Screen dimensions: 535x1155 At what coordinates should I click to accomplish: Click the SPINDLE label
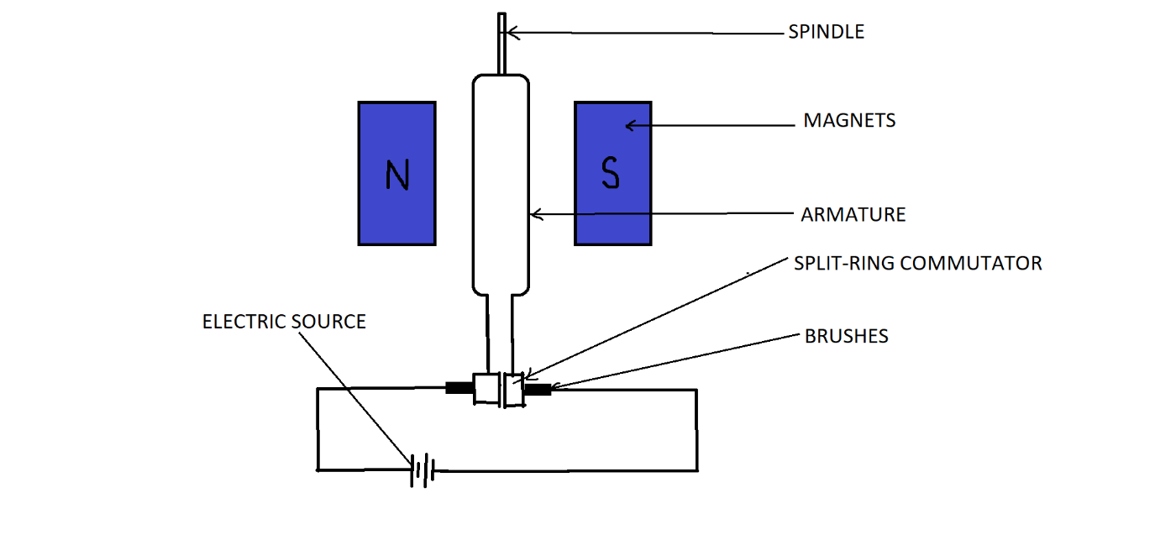point(826,33)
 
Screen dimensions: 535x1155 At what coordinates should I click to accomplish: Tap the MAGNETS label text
point(849,121)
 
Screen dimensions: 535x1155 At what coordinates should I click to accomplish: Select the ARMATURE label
point(853,215)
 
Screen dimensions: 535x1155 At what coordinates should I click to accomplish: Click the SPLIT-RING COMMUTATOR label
point(917,264)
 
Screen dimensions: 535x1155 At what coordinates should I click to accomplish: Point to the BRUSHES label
point(846,337)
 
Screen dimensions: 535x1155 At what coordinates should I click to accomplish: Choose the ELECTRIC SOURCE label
point(284,323)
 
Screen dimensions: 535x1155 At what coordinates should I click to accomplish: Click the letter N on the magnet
point(396,175)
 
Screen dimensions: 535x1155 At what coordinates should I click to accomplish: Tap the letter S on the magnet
point(611,173)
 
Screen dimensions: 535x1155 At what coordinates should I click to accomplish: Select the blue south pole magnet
point(612,210)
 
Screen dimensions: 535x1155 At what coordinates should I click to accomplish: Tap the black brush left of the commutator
point(459,388)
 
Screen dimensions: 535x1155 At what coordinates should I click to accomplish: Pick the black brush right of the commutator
point(538,389)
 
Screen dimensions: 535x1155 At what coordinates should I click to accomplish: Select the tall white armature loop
point(501,185)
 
